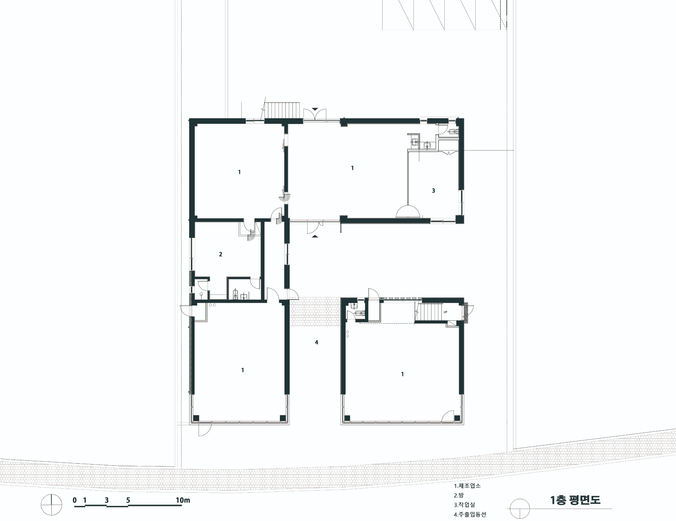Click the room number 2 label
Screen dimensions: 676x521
coord(220,254)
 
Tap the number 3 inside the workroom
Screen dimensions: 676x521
coord(433,190)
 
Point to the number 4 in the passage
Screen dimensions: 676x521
coord(316,342)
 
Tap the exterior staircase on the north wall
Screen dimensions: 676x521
coord(283,110)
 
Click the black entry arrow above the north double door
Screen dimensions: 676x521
coord(315,109)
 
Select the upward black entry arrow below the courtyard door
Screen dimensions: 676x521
coord(315,236)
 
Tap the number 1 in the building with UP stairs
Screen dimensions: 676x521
coord(402,374)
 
